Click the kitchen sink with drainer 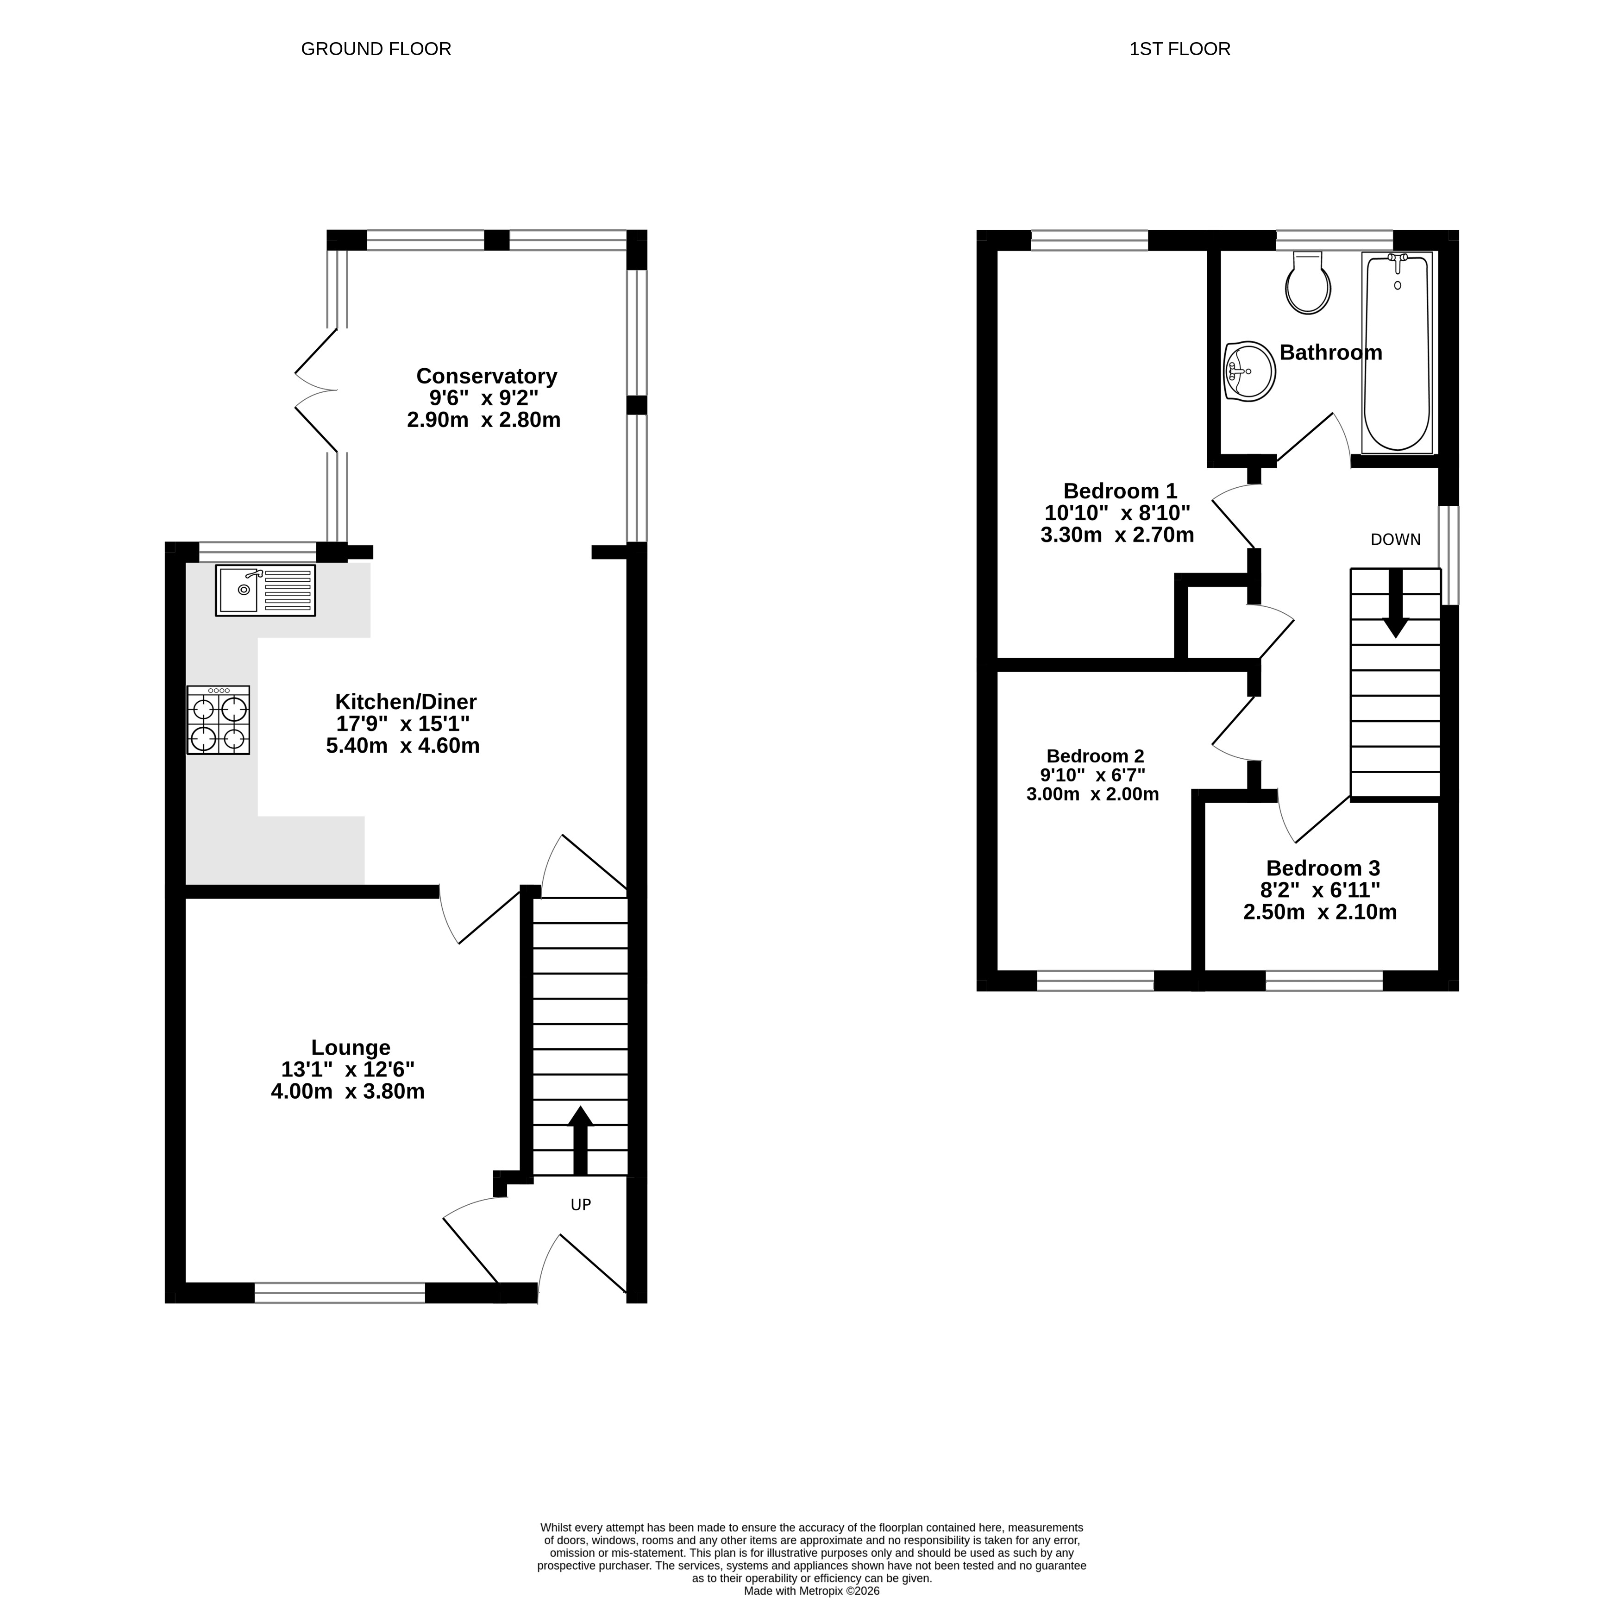[265, 590]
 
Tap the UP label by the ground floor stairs [581, 1204]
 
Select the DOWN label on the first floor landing [1396, 540]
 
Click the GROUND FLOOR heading [376, 49]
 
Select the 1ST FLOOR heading [1180, 49]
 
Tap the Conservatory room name [487, 375]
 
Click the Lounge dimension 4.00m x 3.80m [347, 1091]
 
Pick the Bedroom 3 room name [1323, 868]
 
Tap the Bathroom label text [1331, 352]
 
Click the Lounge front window [340, 1292]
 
